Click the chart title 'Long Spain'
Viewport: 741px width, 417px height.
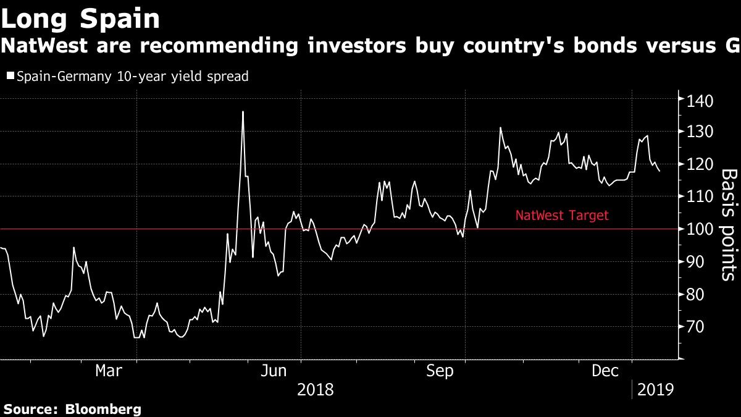click(80, 19)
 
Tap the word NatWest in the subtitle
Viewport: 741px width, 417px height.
click(44, 46)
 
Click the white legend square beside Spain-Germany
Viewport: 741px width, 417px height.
click(10, 76)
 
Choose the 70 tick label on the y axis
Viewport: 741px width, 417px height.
click(695, 327)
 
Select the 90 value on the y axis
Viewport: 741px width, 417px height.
click(695, 261)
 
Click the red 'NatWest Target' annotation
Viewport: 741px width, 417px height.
click(562, 216)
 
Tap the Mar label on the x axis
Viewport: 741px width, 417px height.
click(109, 371)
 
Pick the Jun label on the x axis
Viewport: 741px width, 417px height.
click(273, 371)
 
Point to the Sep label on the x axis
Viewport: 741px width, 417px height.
click(440, 371)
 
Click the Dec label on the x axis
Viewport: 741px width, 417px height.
click(605, 371)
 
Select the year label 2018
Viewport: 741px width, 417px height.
click(316, 390)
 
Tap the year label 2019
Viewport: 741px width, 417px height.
click(655, 390)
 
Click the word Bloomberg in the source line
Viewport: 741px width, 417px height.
click(103, 409)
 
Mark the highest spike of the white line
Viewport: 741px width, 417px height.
click(243, 112)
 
